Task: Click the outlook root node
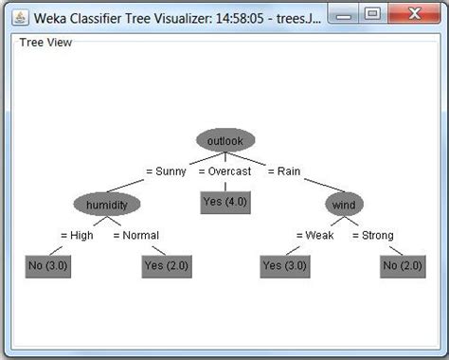(224, 141)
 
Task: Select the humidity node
(106, 205)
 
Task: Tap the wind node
(344, 205)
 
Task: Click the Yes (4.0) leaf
(224, 201)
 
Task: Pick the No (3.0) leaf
(47, 266)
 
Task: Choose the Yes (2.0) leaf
(165, 266)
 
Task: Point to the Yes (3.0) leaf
(284, 266)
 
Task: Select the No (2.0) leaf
(403, 266)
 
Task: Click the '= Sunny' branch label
(166, 171)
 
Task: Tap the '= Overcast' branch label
(224, 171)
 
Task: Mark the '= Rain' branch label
(283, 171)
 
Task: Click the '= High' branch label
(77, 235)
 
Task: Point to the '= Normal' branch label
(135, 235)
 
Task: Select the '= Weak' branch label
(314, 235)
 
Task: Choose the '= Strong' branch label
(373, 235)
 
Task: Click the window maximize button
(373, 14)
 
